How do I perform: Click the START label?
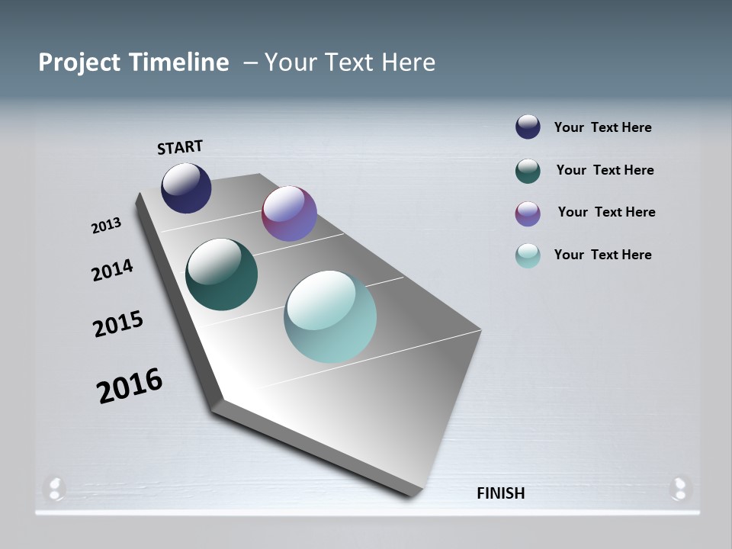(x=180, y=146)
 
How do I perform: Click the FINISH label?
(x=500, y=493)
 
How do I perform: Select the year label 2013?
(x=107, y=226)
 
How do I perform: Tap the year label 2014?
(x=113, y=270)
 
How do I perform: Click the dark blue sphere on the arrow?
(x=186, y=188)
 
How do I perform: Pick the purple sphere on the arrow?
(x=289, y=213)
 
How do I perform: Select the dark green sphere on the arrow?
(x=221, y=274)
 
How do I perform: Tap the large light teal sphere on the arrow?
(x=330, y=316)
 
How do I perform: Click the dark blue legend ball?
(x=528, y=127)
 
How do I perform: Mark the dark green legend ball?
(x=528, y=171)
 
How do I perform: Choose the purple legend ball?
(x=528, y=213)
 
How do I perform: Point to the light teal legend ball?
(x=528, y=255)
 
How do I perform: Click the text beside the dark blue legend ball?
(x=602, y=128)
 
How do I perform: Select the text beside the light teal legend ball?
(x=602, y=255)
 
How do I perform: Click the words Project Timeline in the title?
(x=133, y=63)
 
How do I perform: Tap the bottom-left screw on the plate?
(x=56, y=487)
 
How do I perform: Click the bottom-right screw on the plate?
(x=679, y=487)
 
